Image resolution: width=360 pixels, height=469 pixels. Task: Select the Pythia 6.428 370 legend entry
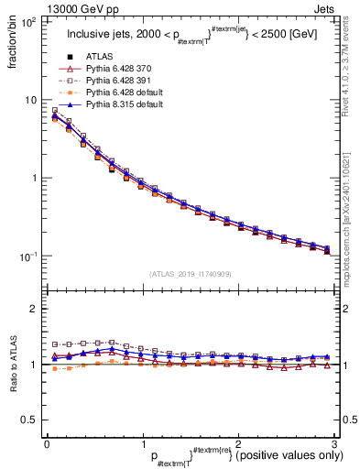(x=121, y=70)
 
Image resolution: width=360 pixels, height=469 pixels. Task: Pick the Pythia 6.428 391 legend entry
(x=121, y=81)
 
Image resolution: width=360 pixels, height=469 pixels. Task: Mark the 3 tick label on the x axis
(x=333, y=442)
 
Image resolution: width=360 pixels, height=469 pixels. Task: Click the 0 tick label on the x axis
(x=46, y=442)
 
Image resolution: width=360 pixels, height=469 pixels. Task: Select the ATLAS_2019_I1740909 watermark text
(x=189, y=274)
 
